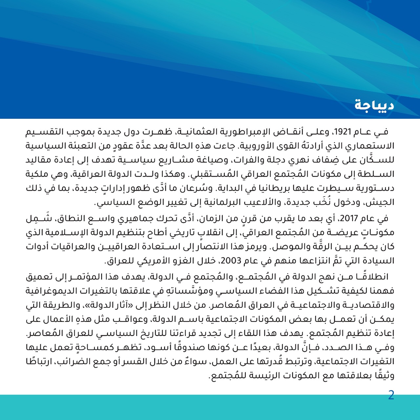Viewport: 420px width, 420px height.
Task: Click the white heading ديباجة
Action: pos(374,105)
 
